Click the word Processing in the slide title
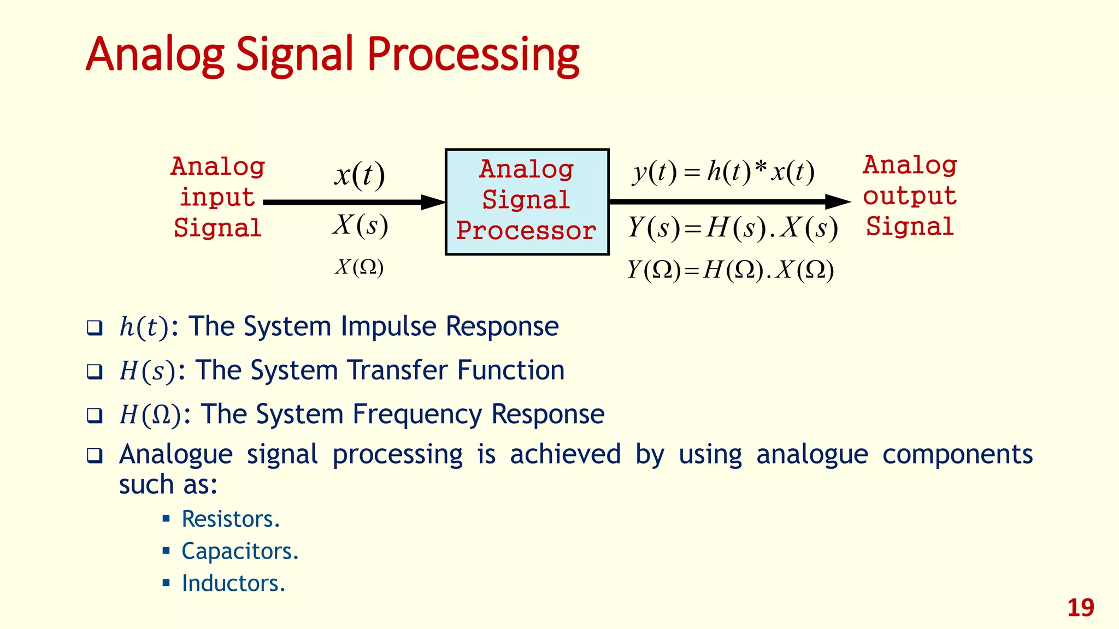point(473,55)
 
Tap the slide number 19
point(1080,608)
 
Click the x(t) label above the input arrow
point(360,175)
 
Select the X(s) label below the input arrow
point(361,225)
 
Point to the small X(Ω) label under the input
point(359,267)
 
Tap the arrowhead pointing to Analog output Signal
point(837,201)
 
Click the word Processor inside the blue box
point(526,230)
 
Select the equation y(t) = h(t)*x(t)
point(723,172)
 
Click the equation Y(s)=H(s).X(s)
point(732,228)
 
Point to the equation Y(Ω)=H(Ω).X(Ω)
point(730,270)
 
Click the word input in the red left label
point(217,197)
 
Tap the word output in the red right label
point(910,195)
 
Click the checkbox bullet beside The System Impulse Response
point(95,328)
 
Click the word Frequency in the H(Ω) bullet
point(417,414)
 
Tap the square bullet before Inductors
point(167,583)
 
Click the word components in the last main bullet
point(957,454)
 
